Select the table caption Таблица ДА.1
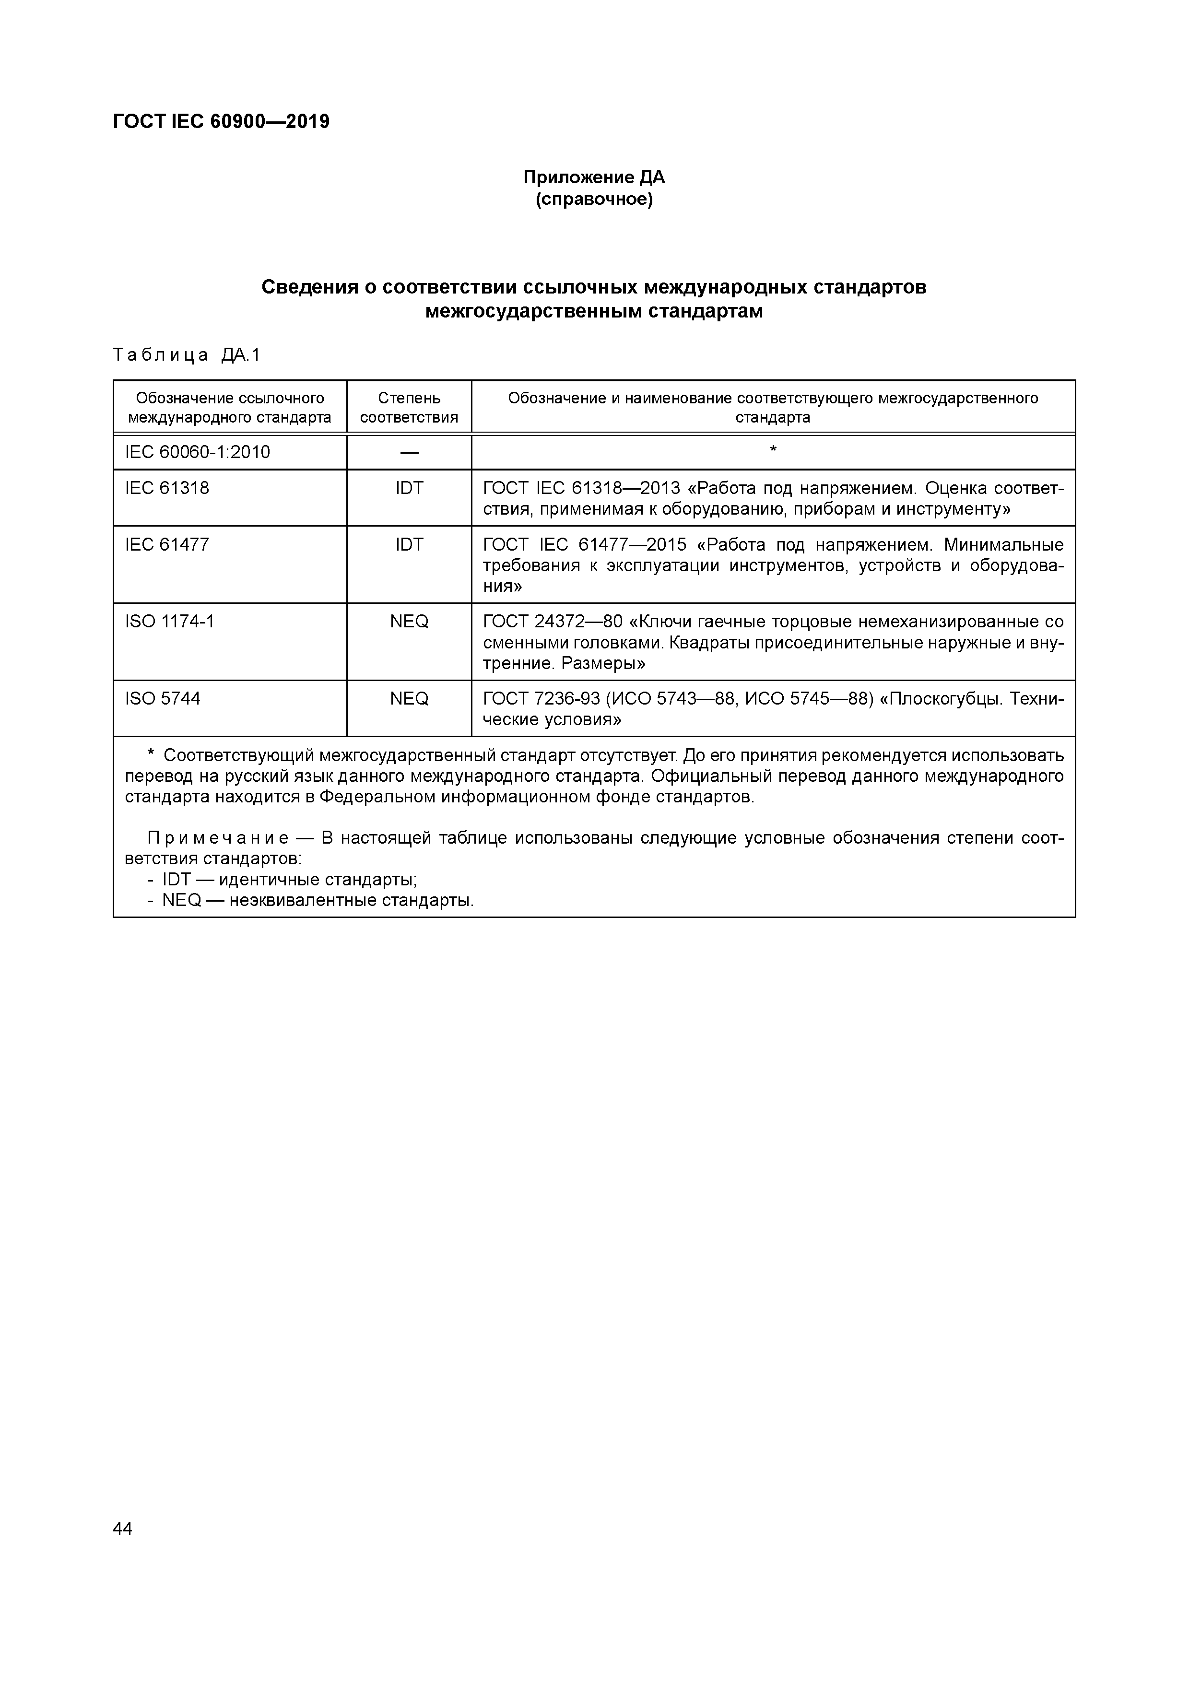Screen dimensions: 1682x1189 point(187,356)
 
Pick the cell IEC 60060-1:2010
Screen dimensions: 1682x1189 point(198,452)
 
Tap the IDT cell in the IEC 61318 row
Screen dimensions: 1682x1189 point(409,488)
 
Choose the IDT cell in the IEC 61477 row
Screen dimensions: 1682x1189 point(409,544)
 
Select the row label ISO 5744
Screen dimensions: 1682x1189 point(163,699)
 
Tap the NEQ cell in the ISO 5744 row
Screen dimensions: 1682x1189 point(409,699)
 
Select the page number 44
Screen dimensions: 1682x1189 point(123,1528)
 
